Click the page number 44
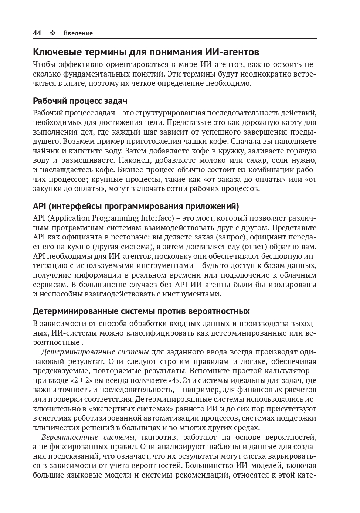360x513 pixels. [x=37, y=33]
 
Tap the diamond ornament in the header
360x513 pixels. [x=52, y=33]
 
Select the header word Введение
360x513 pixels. [x=78, y=33]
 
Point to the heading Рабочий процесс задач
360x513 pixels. [x=80, y=101]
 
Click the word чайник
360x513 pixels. [x=43, y=151]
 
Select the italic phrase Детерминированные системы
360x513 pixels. [x=95, y=352]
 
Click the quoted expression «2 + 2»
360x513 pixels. [x=81, y=380]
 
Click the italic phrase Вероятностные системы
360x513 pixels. [x=88, y=437]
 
